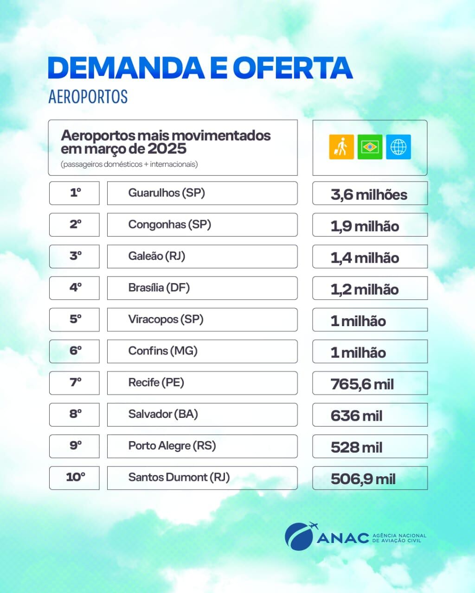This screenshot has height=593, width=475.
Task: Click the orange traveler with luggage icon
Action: tap(341, 147)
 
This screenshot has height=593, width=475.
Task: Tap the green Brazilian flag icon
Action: tap(370, 147)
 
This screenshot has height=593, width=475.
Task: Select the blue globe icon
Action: tap(398, 147)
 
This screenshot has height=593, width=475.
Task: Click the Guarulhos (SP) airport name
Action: tap(167, 193)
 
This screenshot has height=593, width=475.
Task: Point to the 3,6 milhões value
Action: tap(369, 195)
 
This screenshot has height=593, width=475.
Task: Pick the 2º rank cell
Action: tap(75, 225)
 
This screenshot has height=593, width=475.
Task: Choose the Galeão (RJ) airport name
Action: tap(156, 256)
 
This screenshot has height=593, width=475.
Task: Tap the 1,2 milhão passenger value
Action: tap(364, 290)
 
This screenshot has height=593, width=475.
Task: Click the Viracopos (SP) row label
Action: tap(166, 319)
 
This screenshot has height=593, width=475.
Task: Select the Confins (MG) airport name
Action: tap(163, 351)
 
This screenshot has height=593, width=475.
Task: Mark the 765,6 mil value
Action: tap(362, 384)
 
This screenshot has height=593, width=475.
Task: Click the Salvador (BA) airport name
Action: tap(163, 414)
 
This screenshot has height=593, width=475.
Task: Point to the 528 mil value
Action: tap(356, 448)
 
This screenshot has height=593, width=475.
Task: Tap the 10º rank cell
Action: tap(75, 478)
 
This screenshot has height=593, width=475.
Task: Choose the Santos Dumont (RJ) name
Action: tap(179, 478)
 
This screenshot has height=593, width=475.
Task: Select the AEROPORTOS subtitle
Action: tap(88, 96)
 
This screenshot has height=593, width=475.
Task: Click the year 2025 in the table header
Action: tap(167, 149)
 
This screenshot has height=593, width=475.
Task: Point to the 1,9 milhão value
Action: tap(365, 226)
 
